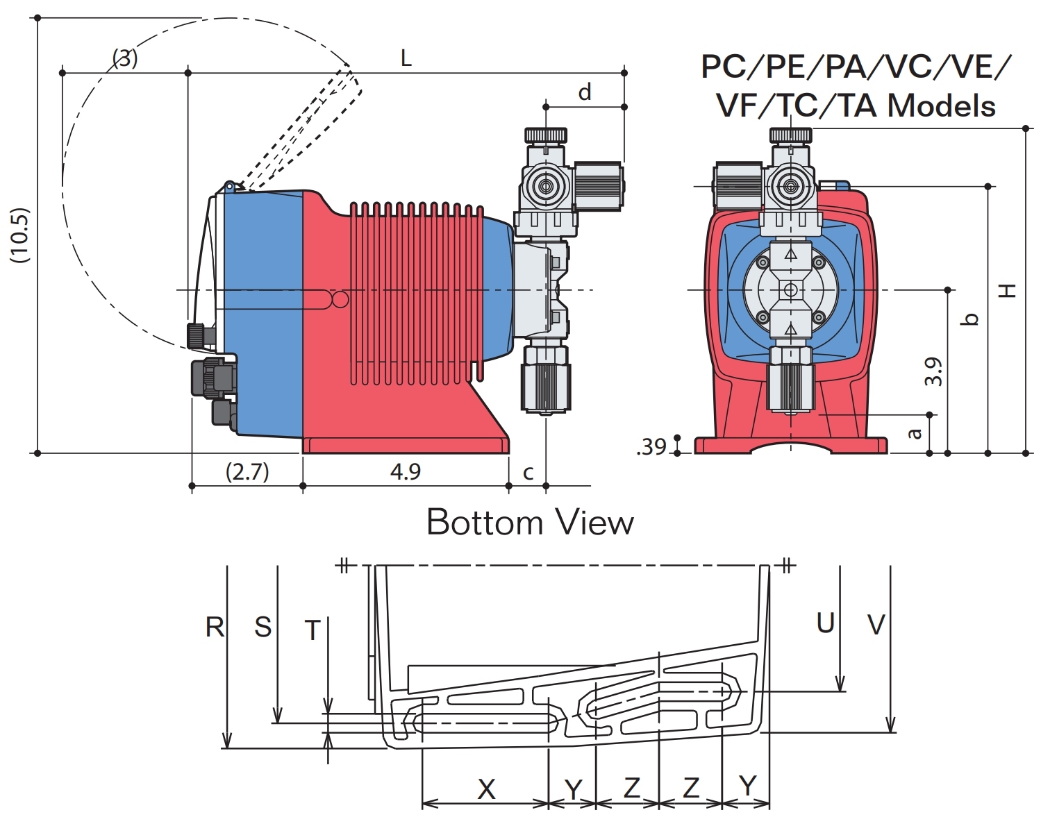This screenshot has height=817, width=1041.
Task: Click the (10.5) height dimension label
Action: [x=20, y=235]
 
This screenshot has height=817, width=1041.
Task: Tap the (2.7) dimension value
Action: [x=247, y=472]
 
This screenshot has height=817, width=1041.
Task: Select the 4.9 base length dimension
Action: [x=405, y=472]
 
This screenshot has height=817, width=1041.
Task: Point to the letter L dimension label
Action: [x=406, y=58]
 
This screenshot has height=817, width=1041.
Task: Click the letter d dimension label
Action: [x=585, y=92]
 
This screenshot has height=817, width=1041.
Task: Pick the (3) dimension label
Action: [x=125, y=58]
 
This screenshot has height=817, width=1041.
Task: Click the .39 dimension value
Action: [x=651, y=447]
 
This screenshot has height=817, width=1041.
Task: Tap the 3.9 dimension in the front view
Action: [x=934, y=371]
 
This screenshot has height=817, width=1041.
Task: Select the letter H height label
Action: [x=1008, y=290]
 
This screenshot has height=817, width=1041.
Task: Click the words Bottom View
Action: [x=530, y=522]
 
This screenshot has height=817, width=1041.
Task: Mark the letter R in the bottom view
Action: [x=215, y=628]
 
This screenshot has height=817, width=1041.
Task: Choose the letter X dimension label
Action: [x=487, y=789]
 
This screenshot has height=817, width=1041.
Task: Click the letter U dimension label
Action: [x=825, y=623]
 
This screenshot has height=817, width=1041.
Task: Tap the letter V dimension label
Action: [x=876, y=625]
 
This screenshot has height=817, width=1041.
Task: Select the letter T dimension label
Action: [x=313, y=630]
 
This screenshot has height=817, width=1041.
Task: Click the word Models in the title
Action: [x=942, y=106]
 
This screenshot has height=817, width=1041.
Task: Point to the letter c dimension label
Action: [x=528, y=473]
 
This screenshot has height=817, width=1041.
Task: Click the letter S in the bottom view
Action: [x=263, y=627]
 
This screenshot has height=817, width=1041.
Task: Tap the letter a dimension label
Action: [x=915, y=433]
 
